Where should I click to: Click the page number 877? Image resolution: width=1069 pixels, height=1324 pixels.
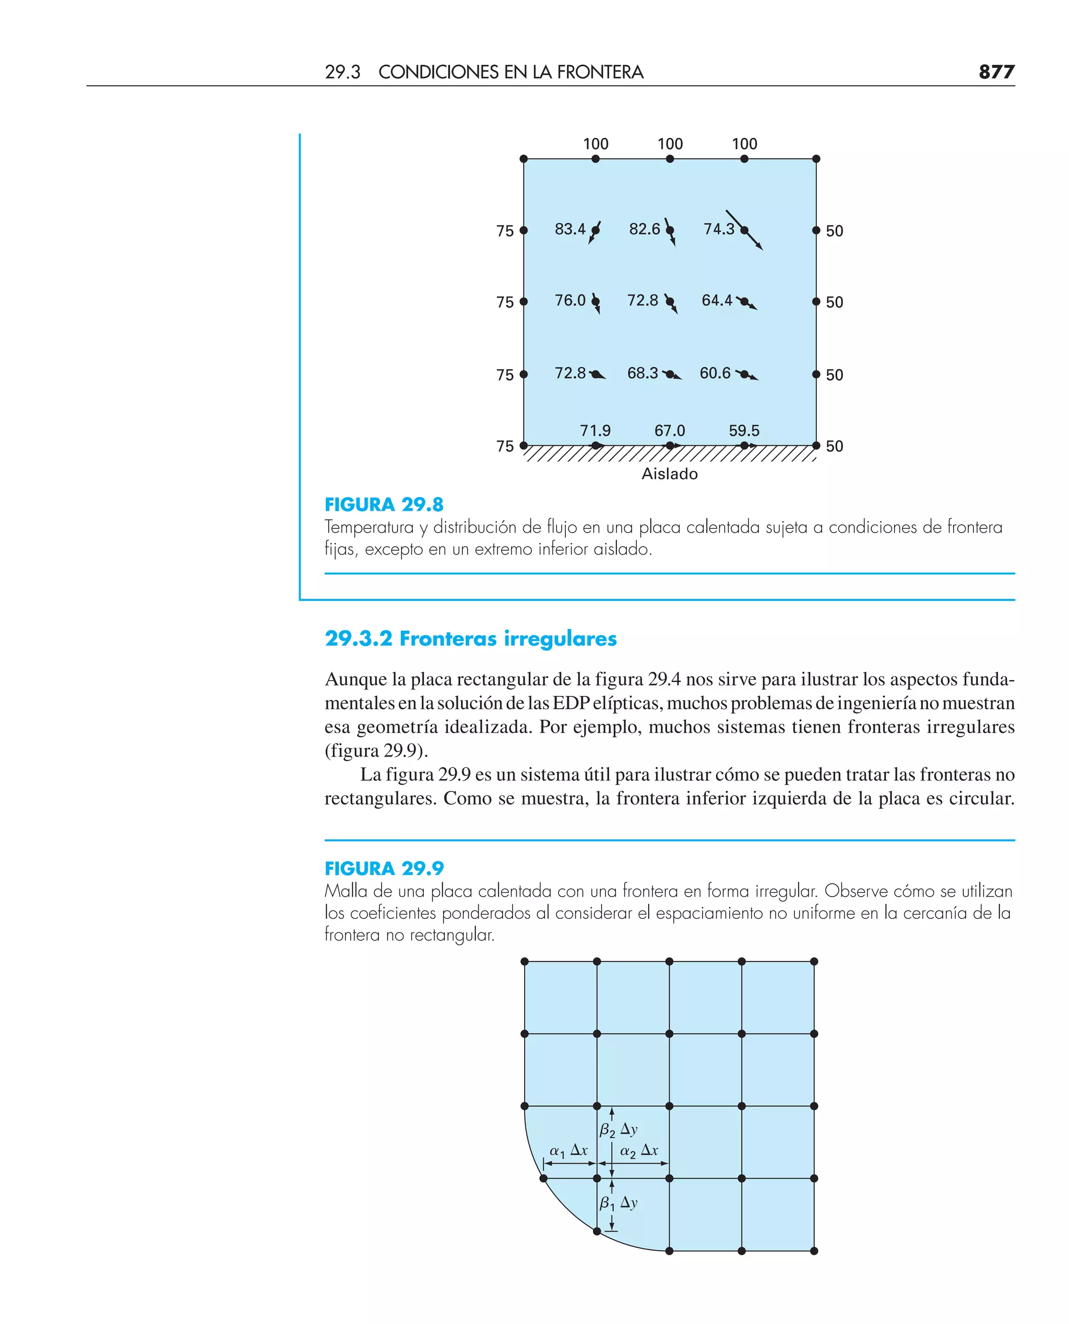[x=996, y=72]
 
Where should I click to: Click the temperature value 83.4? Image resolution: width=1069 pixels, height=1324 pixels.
[x=569, y=229]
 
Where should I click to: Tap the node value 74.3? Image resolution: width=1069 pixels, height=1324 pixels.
[x=719, y=229]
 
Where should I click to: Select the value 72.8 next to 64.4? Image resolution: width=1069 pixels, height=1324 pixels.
[x=642, y=301]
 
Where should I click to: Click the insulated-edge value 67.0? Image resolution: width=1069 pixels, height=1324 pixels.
[x=669, y=430]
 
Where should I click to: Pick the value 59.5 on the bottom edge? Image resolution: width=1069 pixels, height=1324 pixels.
[x=744, y=430]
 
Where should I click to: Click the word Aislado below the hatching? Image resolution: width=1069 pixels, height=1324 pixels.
[x=669, y=474]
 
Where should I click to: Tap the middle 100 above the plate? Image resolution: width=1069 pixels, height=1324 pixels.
[x=670, y=144]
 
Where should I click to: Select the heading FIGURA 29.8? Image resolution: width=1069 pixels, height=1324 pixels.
[x=384, y=505]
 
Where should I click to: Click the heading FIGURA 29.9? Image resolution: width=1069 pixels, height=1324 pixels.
[x=384, y=868]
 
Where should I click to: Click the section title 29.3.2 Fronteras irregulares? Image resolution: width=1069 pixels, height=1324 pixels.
[x=470, y=639]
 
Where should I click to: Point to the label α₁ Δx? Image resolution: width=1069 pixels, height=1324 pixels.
[x=568, y=1150]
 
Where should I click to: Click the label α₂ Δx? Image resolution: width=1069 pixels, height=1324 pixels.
[x=638, y=1150]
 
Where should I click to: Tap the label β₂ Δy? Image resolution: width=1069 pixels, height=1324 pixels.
[x=618, y=1129]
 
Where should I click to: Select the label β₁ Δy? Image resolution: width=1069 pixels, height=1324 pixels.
[x=618, y=1203]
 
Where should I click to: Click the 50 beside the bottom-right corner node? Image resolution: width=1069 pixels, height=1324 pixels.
[x=835, y=446]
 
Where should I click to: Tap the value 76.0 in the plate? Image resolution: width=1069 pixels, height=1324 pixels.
[x=569, y=301]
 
